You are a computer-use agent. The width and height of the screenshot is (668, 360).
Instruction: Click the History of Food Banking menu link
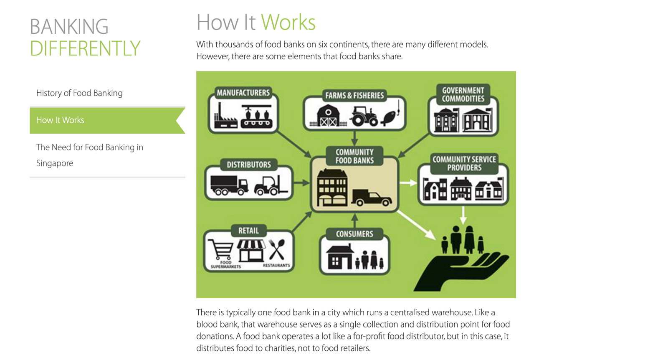(79, 93)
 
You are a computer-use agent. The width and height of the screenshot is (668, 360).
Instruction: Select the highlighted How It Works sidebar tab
(60, 120)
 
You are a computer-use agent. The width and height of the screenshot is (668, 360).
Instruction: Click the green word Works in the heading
(288, 23)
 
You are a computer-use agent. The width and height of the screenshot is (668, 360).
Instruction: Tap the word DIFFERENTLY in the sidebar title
(85, 48)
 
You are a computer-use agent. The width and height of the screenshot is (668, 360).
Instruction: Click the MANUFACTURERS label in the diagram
(243, 93)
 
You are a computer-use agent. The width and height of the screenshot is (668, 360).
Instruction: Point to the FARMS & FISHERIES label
(354, 96)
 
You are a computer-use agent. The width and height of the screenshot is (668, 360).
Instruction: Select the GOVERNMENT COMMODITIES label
(463, 95)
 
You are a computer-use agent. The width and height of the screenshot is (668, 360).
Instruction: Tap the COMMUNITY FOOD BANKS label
(354, 156)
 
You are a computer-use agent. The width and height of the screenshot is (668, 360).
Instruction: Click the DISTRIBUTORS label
(248, 165)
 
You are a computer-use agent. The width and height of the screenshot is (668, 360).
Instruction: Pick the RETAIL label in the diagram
(248, 231)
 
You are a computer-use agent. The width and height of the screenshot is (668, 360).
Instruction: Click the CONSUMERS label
(354, 234)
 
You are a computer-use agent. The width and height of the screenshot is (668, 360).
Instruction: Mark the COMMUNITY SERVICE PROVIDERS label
(464, 164)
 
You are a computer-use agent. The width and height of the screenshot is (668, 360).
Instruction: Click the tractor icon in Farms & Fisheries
(364, 116)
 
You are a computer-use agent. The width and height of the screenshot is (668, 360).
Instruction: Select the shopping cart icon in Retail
(221, 250)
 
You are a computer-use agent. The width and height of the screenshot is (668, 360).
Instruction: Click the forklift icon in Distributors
(270, 185)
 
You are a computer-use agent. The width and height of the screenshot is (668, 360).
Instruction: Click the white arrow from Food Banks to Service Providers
(408, 183)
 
